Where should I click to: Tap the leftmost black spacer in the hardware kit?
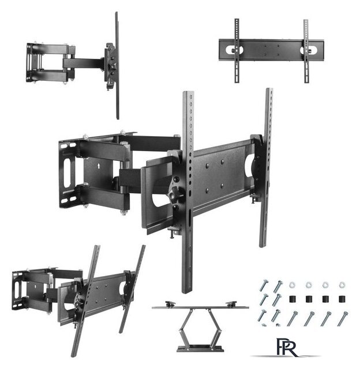(x=292, y=299)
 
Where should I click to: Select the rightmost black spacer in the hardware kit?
(x=342, y=299)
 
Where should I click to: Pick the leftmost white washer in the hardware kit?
(x=292, y=285)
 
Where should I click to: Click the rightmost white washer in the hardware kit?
(x=342, y=285)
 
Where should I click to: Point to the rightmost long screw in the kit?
(x=343, y=318)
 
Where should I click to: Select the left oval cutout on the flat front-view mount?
(x=234, y=50)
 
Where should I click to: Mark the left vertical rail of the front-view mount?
(x=237, y=51)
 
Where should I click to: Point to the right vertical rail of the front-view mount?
(x=306, y=51)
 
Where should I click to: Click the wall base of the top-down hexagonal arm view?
(x=200, y=347)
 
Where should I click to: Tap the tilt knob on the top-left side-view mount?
(x=114, y=67)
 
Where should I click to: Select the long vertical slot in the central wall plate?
(x=67, y=171)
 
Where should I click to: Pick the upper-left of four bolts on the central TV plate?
(x=207, y=165)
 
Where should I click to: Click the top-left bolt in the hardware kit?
(x=264, y=285)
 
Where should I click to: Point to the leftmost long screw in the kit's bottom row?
(x=292, y=318)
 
